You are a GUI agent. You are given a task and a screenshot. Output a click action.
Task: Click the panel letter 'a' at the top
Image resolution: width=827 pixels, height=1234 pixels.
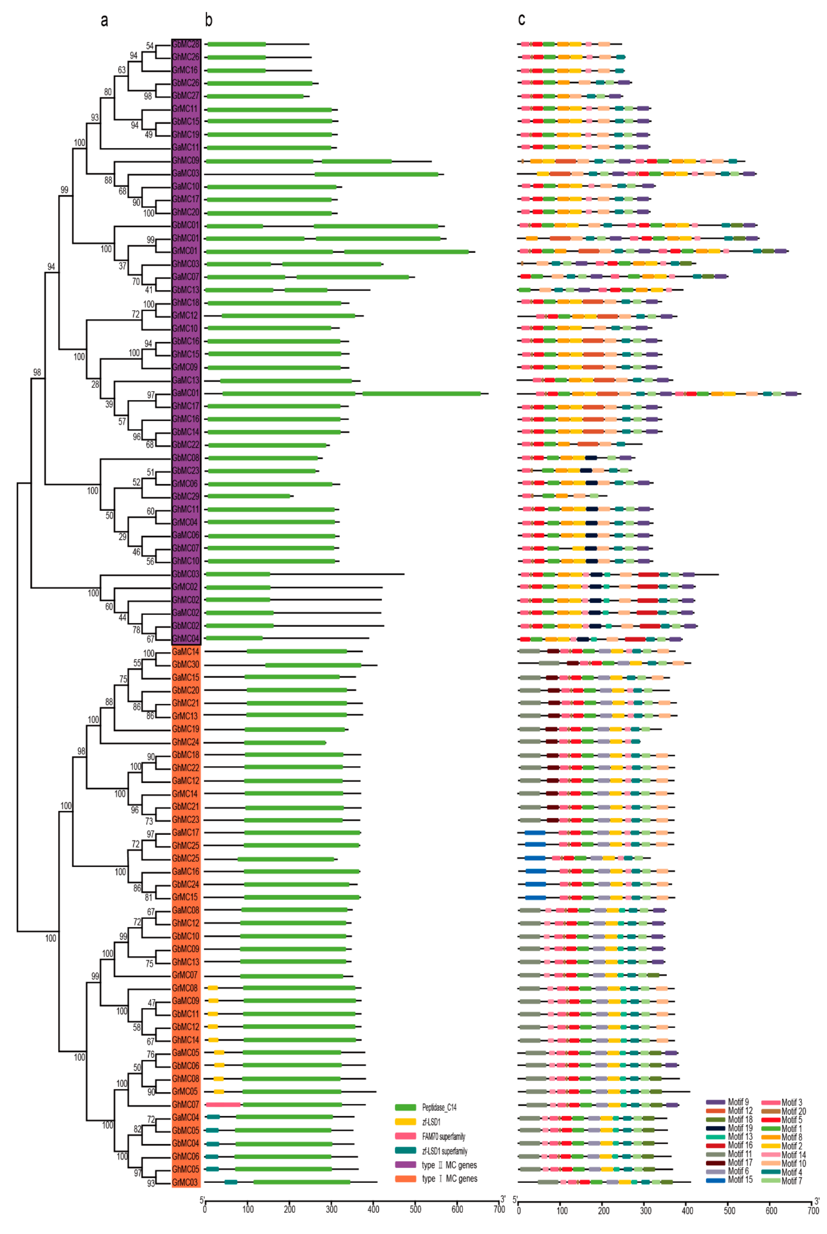104,20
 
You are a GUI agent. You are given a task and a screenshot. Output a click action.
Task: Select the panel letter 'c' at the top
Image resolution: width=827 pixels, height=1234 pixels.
521,19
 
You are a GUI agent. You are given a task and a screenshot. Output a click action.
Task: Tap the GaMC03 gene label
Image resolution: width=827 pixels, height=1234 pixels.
186,173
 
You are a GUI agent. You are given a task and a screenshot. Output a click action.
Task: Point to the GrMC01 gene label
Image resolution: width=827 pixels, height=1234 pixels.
186,251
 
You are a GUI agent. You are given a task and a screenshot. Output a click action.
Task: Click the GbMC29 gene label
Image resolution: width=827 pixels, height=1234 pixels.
186,496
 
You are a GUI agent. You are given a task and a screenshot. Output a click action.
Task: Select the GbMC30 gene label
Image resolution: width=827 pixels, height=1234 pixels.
186,664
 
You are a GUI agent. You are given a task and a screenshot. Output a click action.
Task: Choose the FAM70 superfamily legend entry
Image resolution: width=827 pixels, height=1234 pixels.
443,1136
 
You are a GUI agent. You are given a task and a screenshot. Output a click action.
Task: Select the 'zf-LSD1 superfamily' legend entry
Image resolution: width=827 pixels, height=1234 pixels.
445,1151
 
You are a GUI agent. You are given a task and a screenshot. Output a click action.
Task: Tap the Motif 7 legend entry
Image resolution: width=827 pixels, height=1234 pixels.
791,1181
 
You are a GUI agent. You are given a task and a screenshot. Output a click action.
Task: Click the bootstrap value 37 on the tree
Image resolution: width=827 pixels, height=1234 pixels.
122,266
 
